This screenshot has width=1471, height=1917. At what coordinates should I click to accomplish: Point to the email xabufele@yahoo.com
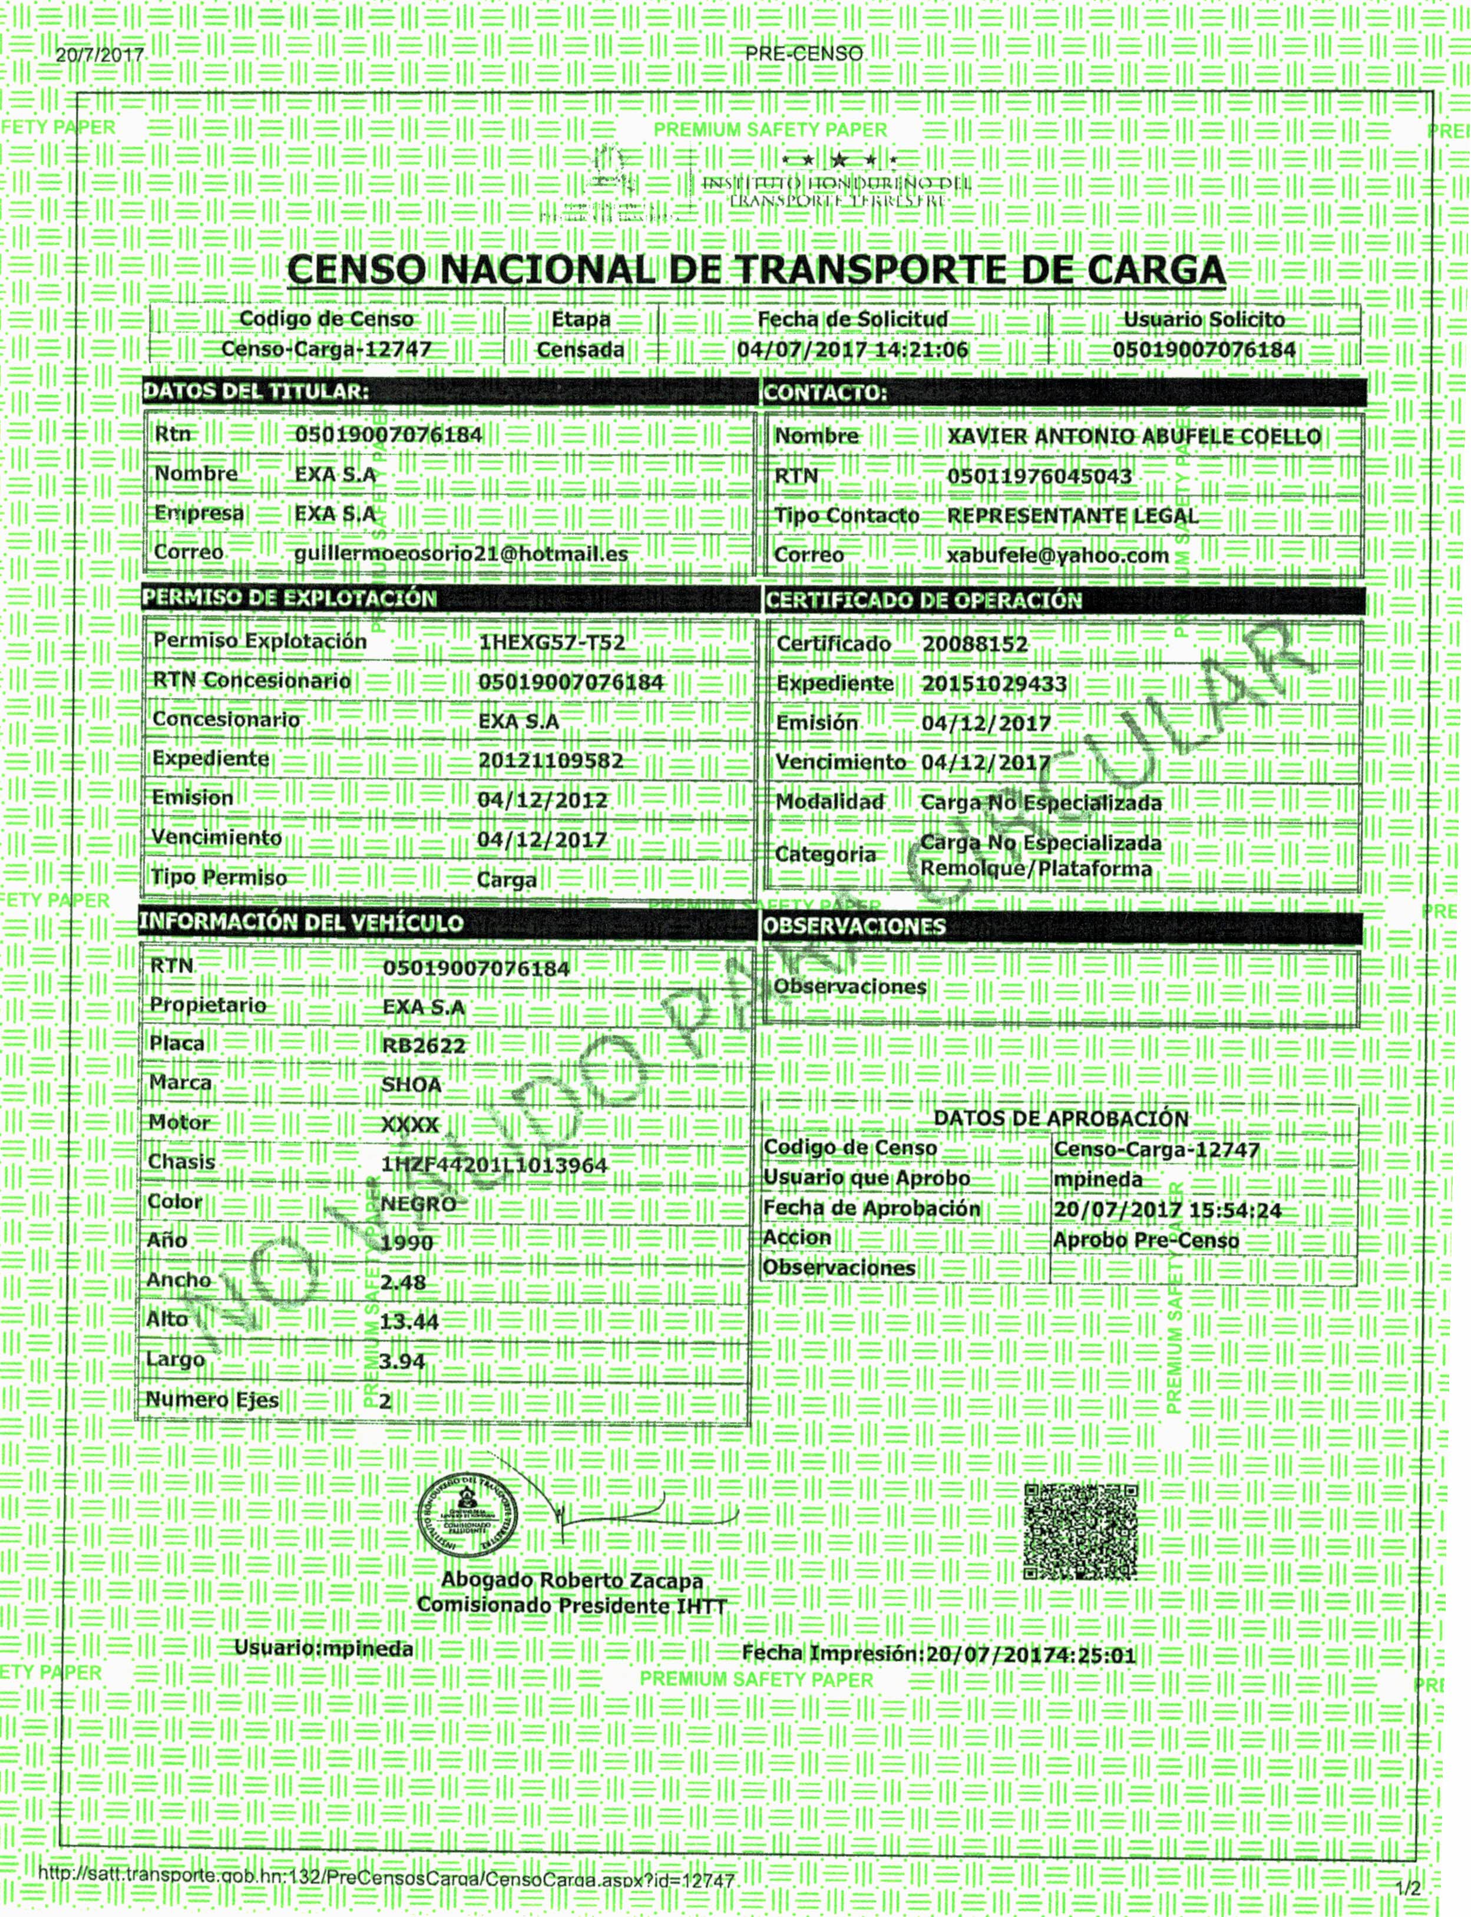tap(1057, 555)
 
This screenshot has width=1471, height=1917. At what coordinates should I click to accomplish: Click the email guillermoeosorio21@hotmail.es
tap(461, 553)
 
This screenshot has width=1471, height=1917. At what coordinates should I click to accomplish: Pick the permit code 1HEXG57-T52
tap(551, 643)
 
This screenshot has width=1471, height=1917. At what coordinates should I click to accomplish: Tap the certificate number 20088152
tap(974, 644)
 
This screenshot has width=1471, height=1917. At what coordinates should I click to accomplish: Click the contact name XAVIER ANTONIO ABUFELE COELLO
tap(1134, 436)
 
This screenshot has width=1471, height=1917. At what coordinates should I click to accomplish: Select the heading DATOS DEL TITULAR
tap(256, 391)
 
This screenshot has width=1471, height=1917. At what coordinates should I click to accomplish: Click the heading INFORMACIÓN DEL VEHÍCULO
tap(301, 922)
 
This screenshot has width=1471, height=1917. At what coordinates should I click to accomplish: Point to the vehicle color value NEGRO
tap(418, 1204)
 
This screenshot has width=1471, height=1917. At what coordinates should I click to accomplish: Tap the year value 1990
tap(407, 1242)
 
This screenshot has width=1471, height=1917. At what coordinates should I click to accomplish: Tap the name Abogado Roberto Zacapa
tap(572, 1581)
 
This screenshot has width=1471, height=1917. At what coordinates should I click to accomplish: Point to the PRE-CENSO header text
tap(804, 54)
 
